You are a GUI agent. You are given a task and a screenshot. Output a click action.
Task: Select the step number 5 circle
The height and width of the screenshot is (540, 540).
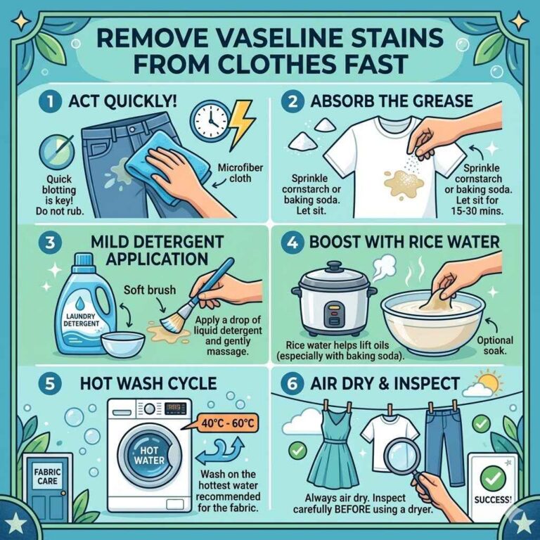48,383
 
